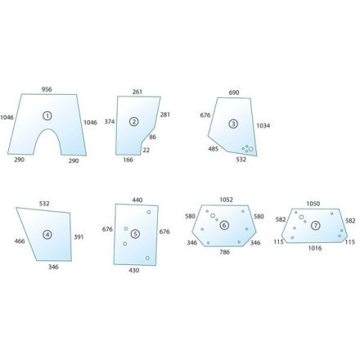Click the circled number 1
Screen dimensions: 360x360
47,116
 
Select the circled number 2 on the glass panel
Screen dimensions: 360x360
133,122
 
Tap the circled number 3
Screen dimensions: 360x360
233,124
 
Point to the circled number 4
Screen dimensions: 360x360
47,235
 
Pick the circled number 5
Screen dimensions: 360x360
135,234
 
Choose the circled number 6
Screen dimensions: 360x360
224,225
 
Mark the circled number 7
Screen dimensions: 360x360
316,226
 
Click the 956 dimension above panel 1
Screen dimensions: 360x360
47,89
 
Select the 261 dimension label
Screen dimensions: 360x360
137,92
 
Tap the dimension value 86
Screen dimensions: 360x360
153,137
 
